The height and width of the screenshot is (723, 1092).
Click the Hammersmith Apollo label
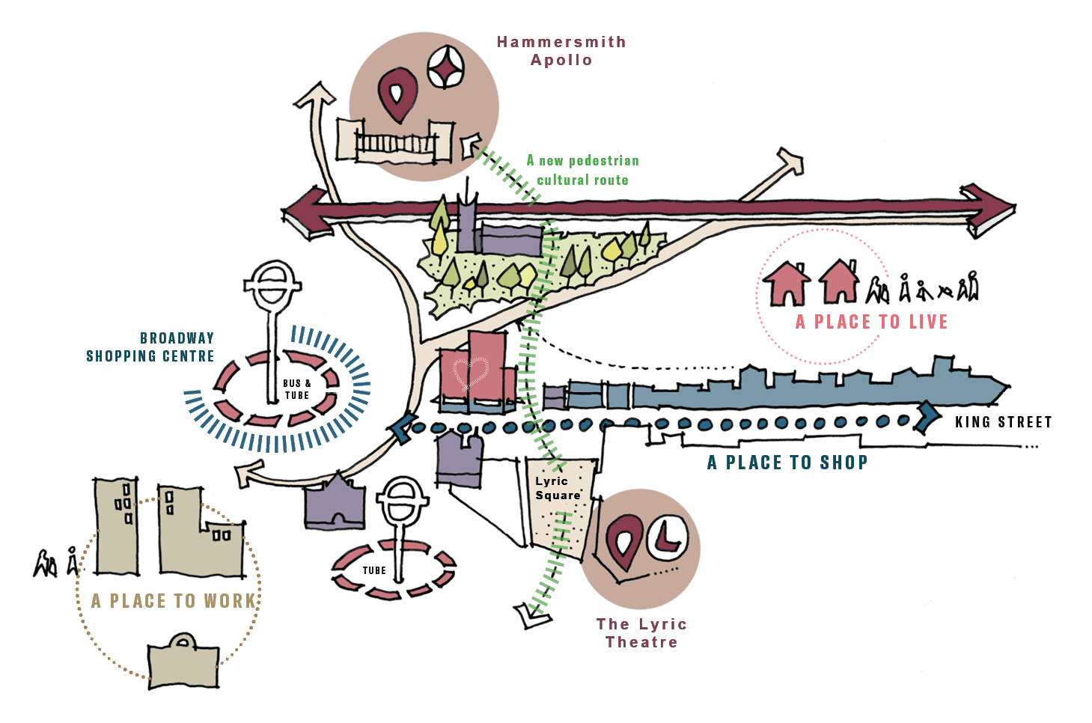click(x=561, y=51)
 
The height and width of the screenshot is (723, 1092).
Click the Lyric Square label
click(x=558, y=488)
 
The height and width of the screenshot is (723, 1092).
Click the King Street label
click(x=1003, y=422)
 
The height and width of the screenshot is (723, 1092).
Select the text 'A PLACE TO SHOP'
click(x=787, y=463)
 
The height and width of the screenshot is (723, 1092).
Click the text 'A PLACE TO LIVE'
click(x=871, y=322)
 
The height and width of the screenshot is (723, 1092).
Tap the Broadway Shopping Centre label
click(x=150, y=347)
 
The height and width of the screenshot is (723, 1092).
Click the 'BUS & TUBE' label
click(x=297, y=389)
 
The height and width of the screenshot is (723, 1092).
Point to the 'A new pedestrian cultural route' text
click(x=582, y=171)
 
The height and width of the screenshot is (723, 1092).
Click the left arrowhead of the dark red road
click(x=304, y=213)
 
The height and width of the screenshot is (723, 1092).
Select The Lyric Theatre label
click(x=642, y=633)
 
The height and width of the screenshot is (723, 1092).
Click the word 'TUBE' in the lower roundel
click(x=374, y=570)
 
